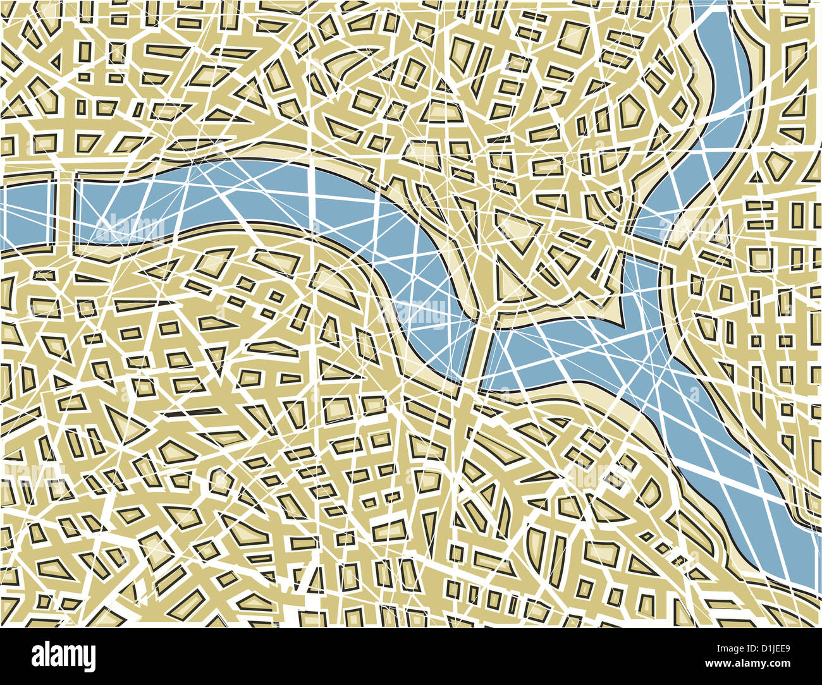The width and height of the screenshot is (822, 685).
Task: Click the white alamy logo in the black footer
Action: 63,657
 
